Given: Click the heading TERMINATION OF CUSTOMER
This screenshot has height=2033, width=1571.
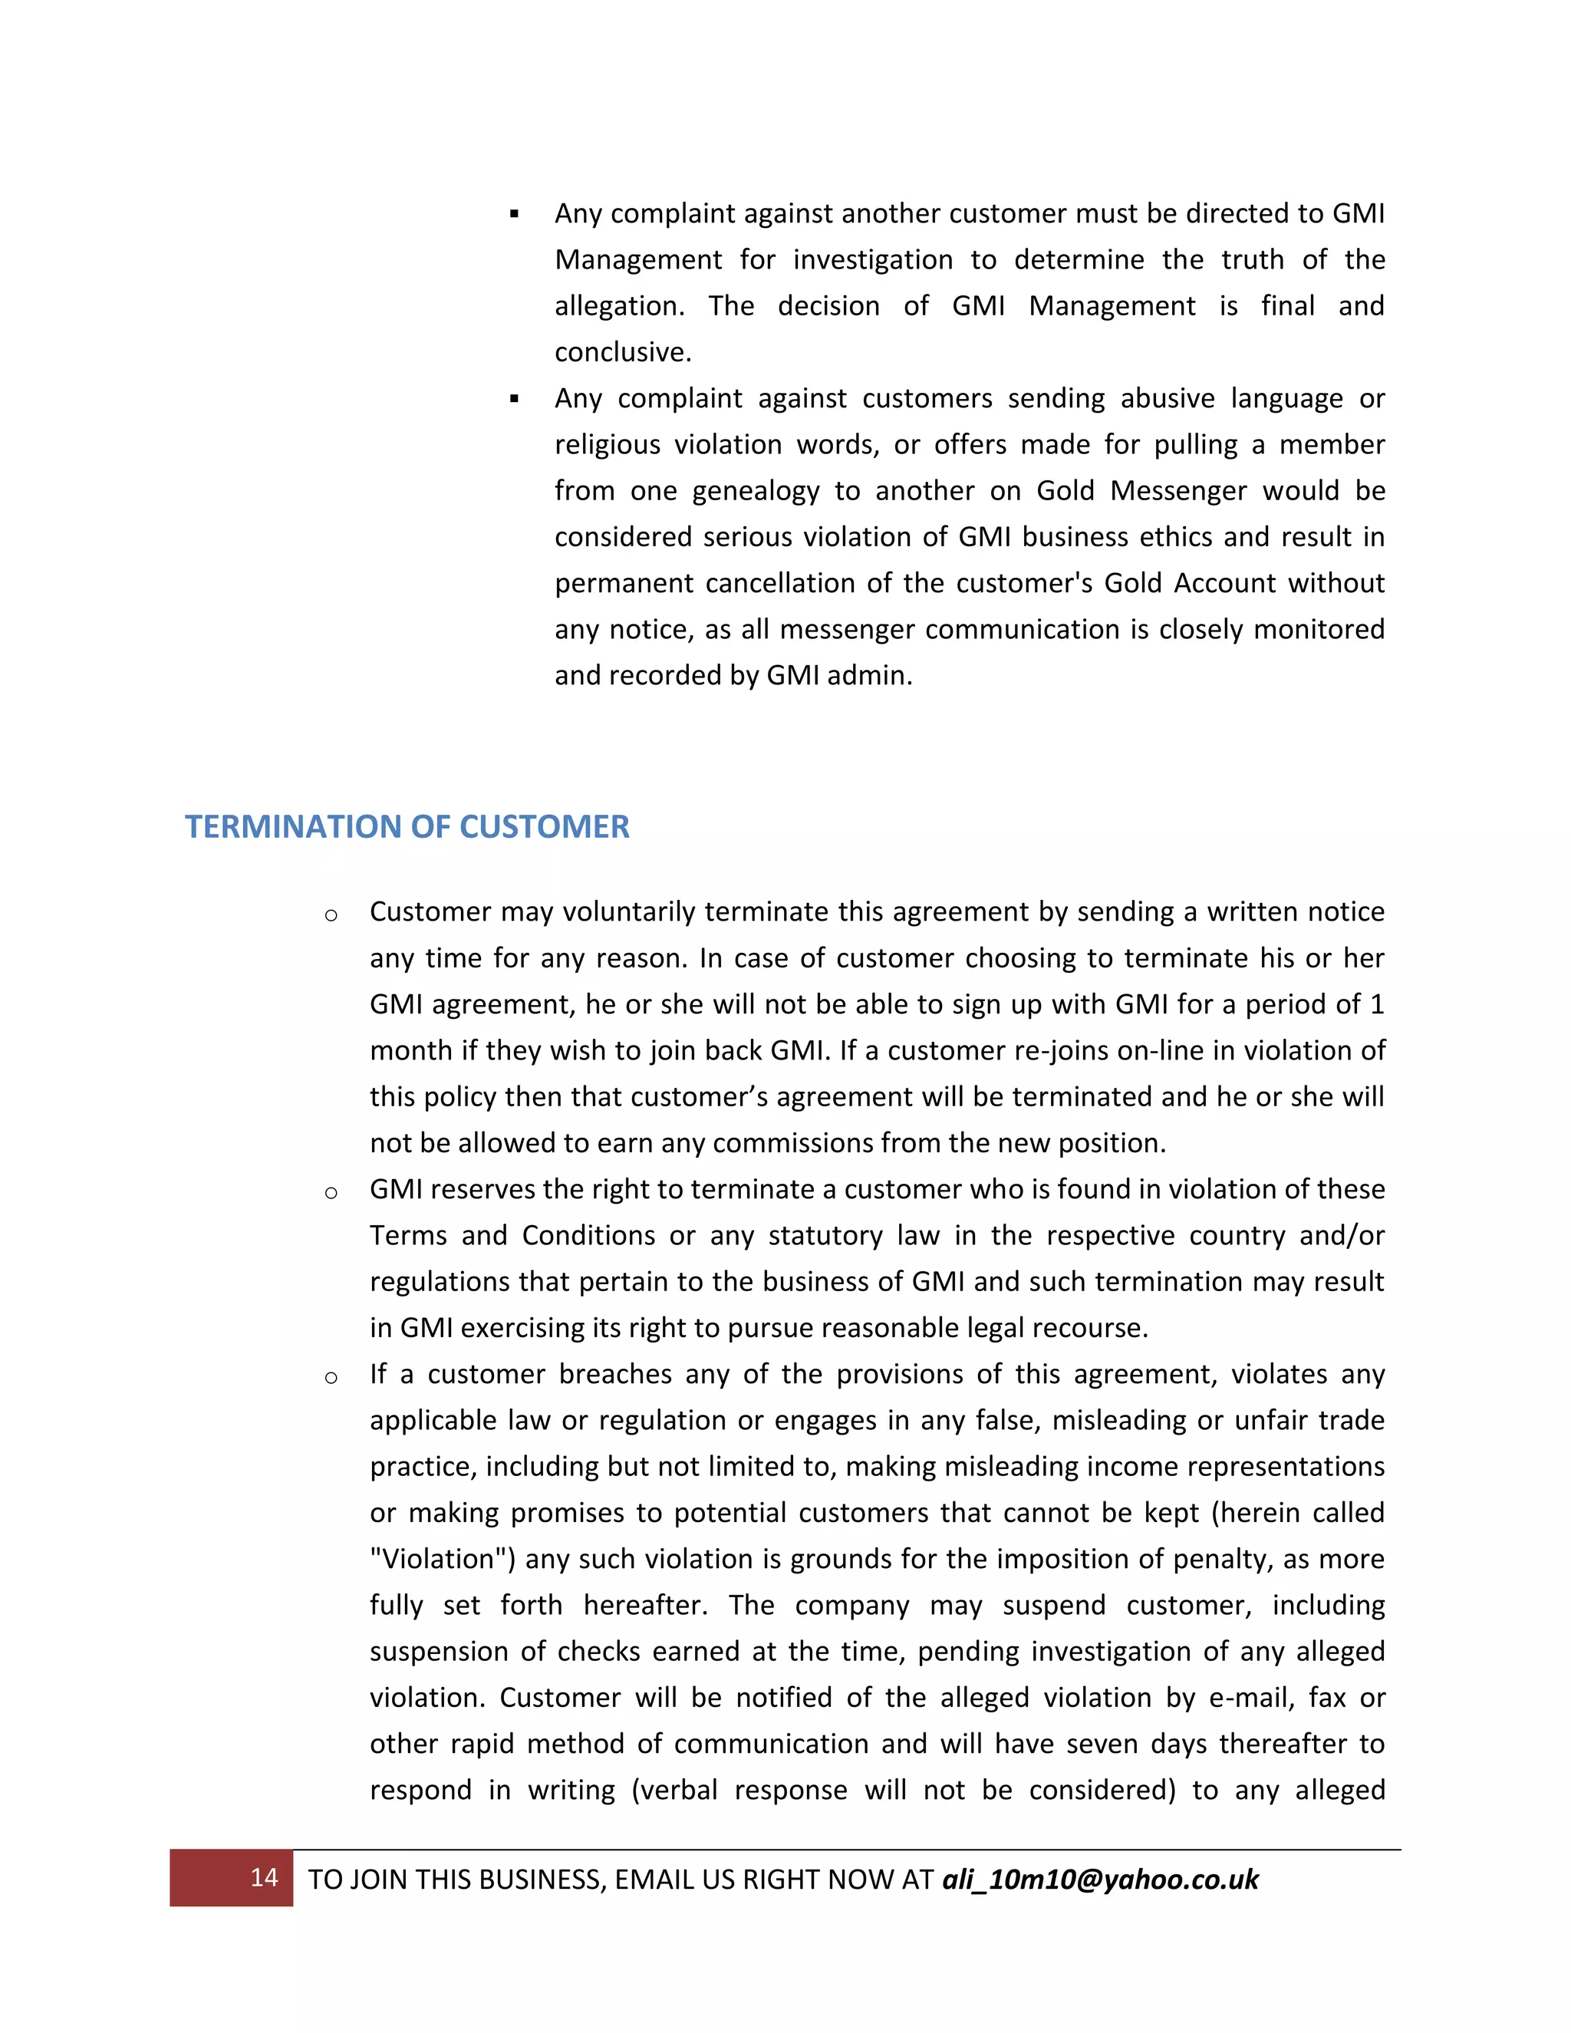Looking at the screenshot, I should click(x=407, y=826).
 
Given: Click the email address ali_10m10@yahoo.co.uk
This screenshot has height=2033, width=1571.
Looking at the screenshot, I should click(x=1100, y=1880).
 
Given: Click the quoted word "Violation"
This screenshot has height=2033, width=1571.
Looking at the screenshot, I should click(x=442, y=1559).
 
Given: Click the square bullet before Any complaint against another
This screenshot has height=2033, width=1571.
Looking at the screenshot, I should click(x=514, y=215).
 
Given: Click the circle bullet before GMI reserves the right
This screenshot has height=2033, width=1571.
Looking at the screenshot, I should click(x=331, y=1192).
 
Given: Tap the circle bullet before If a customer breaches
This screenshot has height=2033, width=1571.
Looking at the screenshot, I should click(x=331, y=1378).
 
